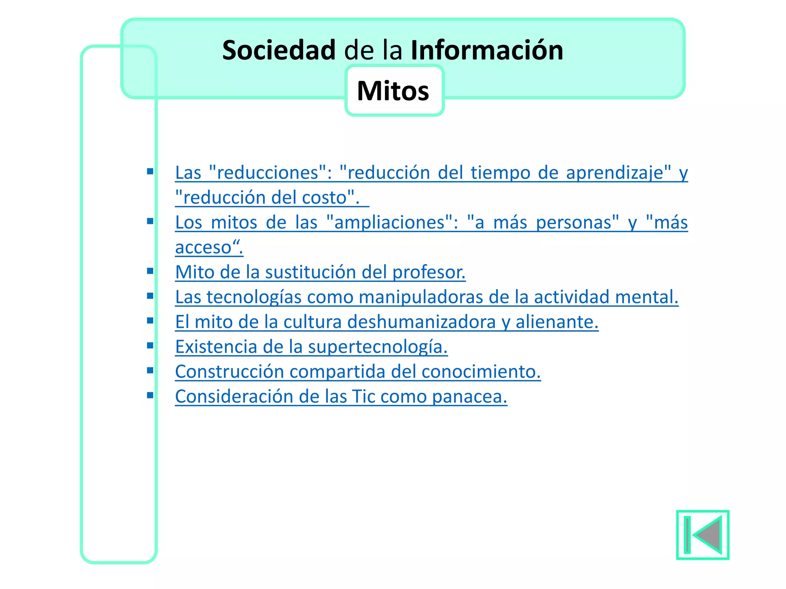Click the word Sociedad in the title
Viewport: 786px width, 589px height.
279,50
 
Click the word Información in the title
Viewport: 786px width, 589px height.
487,50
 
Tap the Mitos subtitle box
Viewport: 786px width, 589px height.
394,91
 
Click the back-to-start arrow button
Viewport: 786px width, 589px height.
702,535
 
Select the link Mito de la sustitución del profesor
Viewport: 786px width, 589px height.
320,272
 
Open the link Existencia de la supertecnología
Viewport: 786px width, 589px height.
311,347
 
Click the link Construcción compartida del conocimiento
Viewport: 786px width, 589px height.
358,372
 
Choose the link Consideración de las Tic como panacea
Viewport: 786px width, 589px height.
341,397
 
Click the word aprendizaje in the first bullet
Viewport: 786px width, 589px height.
618,173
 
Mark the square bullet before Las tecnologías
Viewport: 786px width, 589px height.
150,296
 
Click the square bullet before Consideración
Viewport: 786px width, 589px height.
150,395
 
